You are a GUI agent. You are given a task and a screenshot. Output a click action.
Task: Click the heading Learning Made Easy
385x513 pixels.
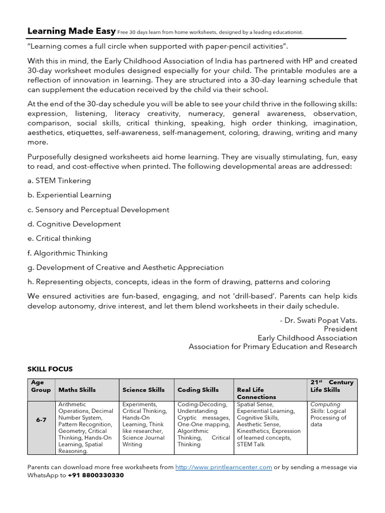tap(71, 32)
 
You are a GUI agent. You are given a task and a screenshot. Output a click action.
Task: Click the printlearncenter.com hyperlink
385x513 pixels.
tap(224, 467)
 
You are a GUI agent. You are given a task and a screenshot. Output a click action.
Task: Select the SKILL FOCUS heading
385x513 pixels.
tap(50, 369)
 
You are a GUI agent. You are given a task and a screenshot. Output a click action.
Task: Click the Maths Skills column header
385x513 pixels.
tap(77, 390)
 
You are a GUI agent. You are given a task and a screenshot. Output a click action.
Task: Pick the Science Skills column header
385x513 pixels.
tap(143, 390)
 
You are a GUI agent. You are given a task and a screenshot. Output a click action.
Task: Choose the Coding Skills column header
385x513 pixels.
tap(198, 390)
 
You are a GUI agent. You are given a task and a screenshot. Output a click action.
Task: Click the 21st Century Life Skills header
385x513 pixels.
tap(332, 386)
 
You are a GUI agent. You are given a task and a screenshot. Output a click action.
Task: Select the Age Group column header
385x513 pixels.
tap(41, 386)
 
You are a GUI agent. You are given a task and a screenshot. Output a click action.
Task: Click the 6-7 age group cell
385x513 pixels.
tap(41, 420)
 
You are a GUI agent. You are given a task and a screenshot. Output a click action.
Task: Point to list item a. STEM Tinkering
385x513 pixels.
tap(59, 180)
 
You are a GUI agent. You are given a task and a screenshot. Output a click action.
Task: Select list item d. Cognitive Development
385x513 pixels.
tap(74, 224)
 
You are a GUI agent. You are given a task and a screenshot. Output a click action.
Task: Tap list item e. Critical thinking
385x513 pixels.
tap(59, 238)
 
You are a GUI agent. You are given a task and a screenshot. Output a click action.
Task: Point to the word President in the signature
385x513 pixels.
tap(340, 329)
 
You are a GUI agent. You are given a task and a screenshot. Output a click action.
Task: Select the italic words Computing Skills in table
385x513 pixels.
tap(325, 408)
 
